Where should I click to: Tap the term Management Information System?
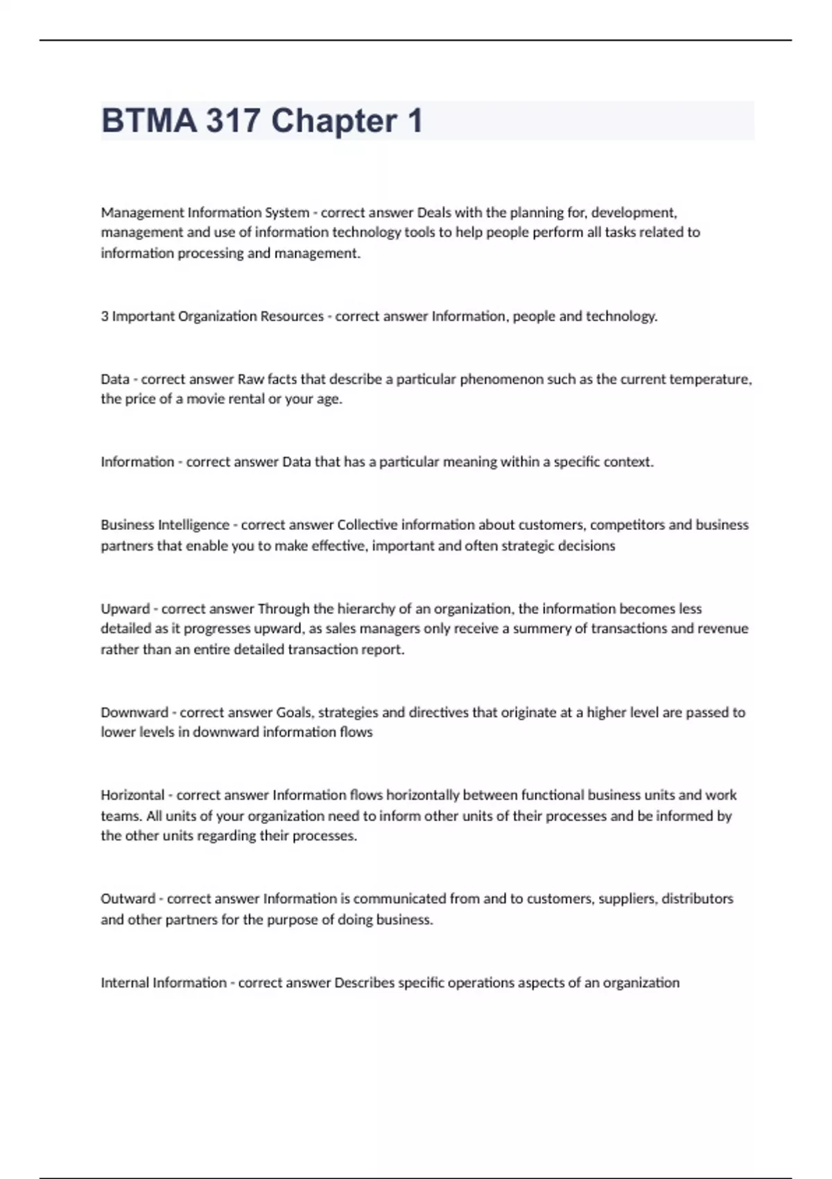[205, 212]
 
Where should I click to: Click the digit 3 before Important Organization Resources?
[105, 316]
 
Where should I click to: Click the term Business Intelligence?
[165, 525]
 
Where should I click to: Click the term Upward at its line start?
[125, 609]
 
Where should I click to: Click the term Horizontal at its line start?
[132, 795]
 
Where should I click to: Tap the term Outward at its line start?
[128, 899]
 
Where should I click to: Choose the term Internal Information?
[164, 983]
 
